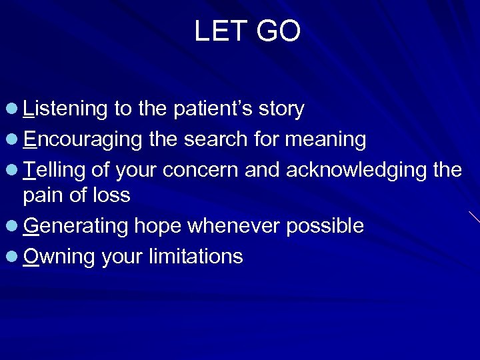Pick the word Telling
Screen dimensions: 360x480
[x=56, y=170]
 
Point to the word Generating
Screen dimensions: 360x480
[x=75, y=227]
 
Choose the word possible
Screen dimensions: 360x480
[x=325, y=227]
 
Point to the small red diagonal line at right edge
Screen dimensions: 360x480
[x=474, y=216]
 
